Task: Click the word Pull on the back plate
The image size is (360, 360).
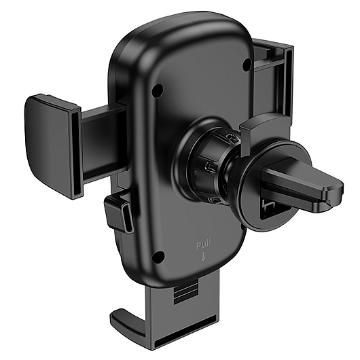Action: click(x=203, y=246)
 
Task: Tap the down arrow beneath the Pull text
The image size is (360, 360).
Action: click(x=203, y=257)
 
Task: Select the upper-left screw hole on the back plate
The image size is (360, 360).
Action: click(x=158, y=90)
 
